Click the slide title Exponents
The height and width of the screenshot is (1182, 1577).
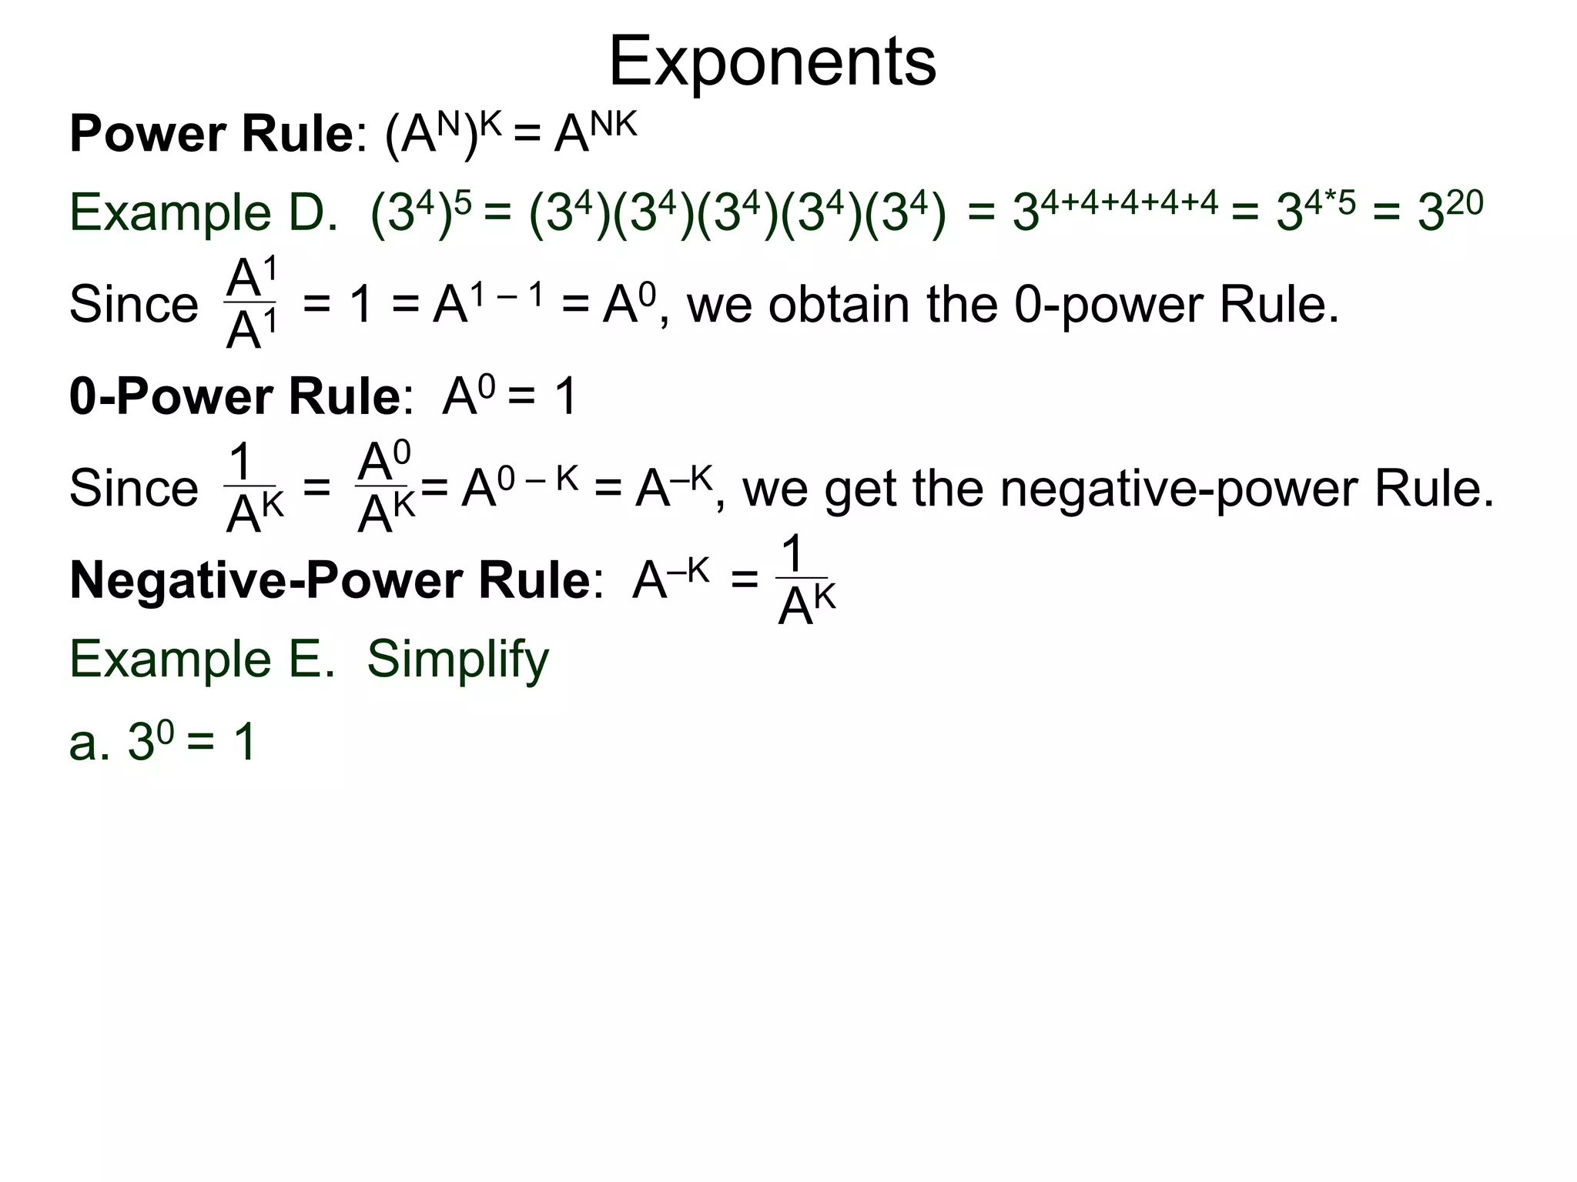click(x=772, y=62)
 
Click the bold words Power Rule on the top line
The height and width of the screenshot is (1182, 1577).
click(x=211, y=135)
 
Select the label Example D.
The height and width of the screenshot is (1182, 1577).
click(x=203, y=212)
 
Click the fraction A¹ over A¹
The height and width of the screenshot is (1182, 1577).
click(x=251, y=304)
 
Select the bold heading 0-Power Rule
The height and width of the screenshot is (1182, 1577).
click(x=234, y=397)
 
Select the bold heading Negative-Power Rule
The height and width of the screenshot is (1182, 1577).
click(x=330, y=580)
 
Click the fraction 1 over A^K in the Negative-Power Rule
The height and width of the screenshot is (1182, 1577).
click(x=805, y=582)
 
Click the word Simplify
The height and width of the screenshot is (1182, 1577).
click(x=457, y=659)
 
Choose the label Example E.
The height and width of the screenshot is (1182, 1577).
click(x=203, y=659)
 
